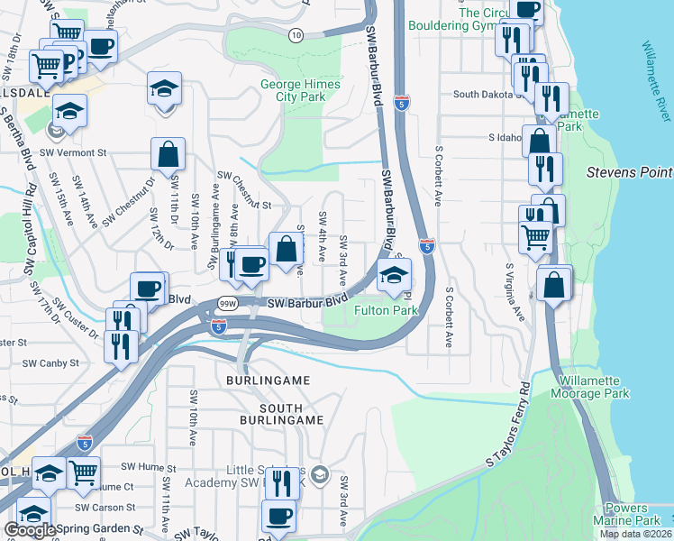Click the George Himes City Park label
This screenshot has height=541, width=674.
[x=291, y=89]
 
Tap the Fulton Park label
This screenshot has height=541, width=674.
[x=386, y=310]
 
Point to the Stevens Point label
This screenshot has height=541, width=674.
[x=629, y=171]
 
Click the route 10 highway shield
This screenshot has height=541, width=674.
[x=296, y=34]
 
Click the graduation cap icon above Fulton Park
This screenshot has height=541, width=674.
[x=394, y=275]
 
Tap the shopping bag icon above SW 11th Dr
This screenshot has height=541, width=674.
[x=168, y=154]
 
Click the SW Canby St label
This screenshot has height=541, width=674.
[x=51, y=363]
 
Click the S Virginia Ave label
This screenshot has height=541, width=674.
[x=515, y=292]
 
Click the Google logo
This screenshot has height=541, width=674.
[x=30, y=530]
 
